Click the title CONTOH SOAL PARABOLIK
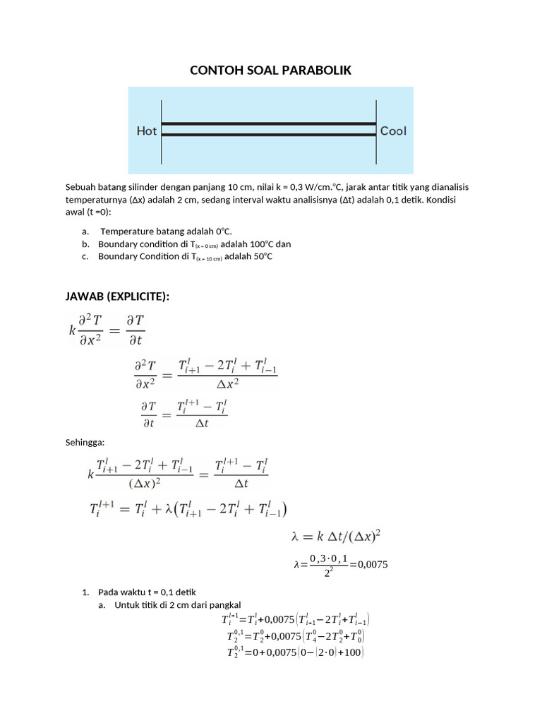pyautogui.click(x=270, y=71)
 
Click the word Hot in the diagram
pyautogui.click(x=147, y=131)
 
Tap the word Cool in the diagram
pyautogui.click(x=393, y=131)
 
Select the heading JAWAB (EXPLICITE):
pyautogui.click(x=117, y=296)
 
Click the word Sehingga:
pyautogui.click(x=85, y=442)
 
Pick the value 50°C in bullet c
pyautogui.click(x=258, y=256)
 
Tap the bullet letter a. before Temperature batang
pyautogui.click(x=85, y=231)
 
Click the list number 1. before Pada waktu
pyautogui.click(x=86, y=592)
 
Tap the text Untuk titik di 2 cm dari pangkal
pyautogui.click(x=178, y=604)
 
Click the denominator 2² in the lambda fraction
pyautogui.click(x=327, y=573)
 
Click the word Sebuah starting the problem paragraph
pyautogui.click(x=81, y=187)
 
